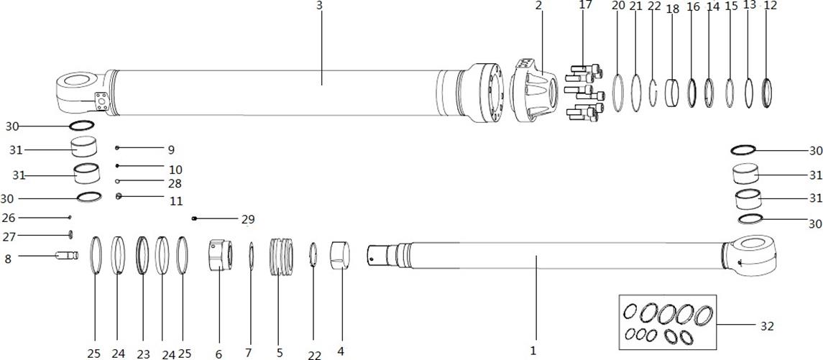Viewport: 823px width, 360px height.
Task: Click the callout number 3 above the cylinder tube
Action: point(319,6)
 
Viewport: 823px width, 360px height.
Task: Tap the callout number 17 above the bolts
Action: point(585,5)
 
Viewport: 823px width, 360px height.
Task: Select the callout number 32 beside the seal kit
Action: point(767,326)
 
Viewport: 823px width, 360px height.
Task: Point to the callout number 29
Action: point(248,219)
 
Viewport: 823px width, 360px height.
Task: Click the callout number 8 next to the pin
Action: point(8,259)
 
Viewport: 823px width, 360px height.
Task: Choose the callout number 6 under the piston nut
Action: point(219,354)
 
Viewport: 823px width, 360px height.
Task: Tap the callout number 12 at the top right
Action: point(771,5)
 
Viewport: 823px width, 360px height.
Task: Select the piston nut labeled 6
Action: point(221,254)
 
